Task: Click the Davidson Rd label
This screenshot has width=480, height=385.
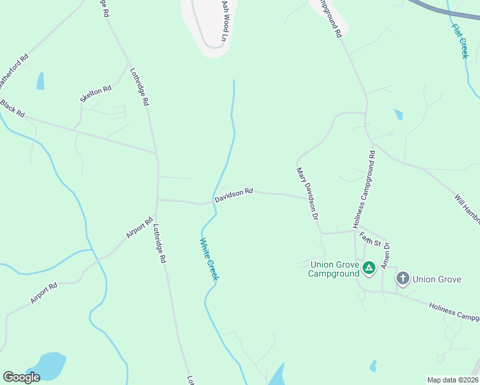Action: point(234,195)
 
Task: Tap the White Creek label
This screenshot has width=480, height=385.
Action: point(209,259)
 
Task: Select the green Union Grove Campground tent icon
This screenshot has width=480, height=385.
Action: point(368,268)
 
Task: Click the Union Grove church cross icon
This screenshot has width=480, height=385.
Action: point(402,278)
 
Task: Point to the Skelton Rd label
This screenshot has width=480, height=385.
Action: point(95,94)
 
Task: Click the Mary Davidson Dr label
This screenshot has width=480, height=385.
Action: point(307,194)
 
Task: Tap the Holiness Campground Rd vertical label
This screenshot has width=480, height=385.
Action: point(364,189)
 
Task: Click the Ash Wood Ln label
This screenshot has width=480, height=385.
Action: point(225,21)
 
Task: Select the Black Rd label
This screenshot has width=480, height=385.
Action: point(13,108)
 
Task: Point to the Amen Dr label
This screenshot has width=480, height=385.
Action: point(386,255)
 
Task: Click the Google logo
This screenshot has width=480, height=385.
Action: point(22,377)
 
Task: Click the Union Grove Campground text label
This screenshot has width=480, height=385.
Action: point(333,269)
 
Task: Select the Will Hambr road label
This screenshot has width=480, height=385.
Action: point(467,209)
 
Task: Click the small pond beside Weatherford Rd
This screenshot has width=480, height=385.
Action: point(41,81)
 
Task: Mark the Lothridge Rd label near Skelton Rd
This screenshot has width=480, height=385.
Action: point(139,87)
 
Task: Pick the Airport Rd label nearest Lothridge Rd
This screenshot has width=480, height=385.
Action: point(139,228)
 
